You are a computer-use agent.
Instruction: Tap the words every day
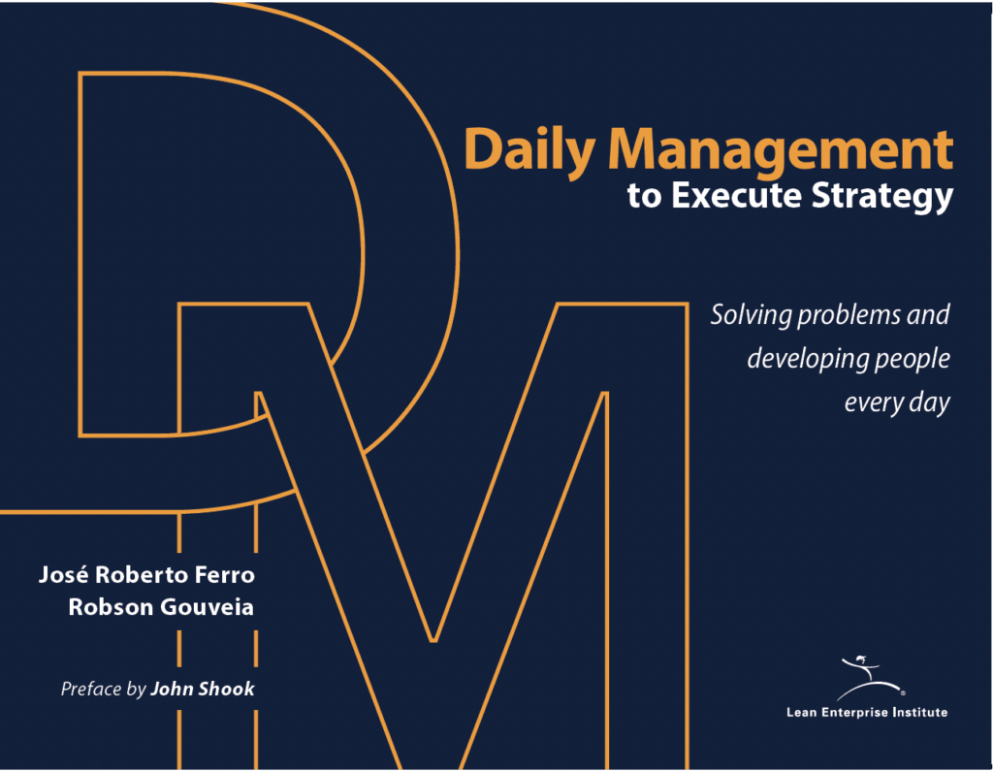[x=896, y=403]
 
